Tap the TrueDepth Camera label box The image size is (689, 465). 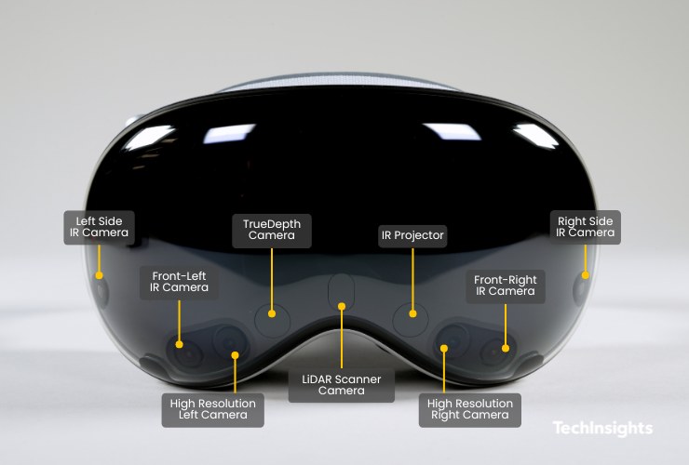271,230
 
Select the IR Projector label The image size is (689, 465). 411,235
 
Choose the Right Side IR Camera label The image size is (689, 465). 586,227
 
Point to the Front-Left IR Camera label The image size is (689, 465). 180,282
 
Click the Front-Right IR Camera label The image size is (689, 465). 504,286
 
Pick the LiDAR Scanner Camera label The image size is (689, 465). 342,385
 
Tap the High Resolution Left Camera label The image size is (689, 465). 213,409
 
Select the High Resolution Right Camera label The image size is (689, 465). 470,409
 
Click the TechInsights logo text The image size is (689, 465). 602,429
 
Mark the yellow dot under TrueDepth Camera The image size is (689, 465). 272,312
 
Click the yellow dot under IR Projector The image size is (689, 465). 411,313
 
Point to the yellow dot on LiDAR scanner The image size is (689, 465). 343,305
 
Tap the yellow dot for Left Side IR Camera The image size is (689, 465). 98,275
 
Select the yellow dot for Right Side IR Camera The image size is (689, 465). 586,275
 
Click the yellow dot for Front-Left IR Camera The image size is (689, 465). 181,346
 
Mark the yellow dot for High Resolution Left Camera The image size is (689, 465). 236,354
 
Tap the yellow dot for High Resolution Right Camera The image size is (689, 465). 444,350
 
